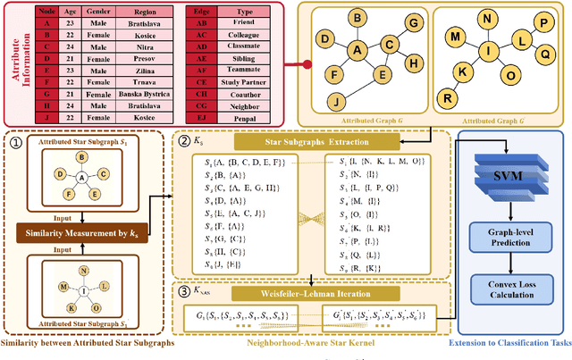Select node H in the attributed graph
click(412, 63)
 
